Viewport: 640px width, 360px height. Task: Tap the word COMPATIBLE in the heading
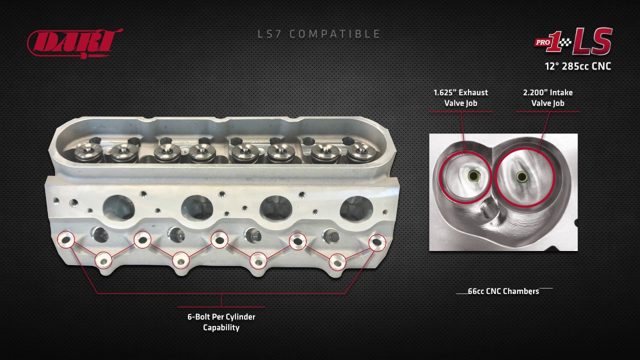coord(335,34)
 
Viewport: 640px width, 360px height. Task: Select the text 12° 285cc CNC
coord(577,66)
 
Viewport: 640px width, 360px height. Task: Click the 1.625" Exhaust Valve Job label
coord(460,97)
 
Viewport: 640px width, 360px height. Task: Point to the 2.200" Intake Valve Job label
coord(547,97)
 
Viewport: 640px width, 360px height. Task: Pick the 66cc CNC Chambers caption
coord(503,291)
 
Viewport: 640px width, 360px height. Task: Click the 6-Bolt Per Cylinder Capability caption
coord(221,322)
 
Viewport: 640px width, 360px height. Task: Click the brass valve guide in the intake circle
coord(521,176)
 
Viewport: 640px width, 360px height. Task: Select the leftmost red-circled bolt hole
coord(66,239)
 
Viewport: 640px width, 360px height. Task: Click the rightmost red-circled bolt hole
coord(377,242)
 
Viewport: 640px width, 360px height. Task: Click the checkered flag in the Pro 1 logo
coord(565,43)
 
